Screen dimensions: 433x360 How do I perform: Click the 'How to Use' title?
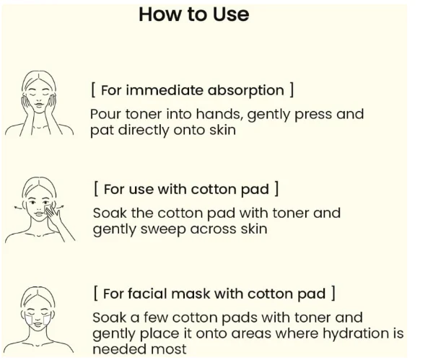tap(194, 14)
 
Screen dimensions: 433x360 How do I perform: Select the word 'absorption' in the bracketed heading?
tap(246, 91)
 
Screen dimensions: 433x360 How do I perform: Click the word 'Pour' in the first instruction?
tap(106, 114)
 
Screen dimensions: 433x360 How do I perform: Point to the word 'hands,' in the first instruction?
tap(220, 114)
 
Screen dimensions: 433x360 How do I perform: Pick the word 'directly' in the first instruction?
tap(144, 131)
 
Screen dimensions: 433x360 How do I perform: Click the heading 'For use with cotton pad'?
tap(186, 190)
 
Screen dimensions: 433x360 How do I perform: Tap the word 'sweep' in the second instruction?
tap(163, 229)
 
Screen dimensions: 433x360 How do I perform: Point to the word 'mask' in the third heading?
tap(191, 294)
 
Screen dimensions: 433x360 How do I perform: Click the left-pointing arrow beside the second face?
tap(18, 207)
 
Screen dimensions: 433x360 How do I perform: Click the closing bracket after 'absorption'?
tap(292, 91)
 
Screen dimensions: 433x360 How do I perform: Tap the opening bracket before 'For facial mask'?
tap(95, 293)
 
